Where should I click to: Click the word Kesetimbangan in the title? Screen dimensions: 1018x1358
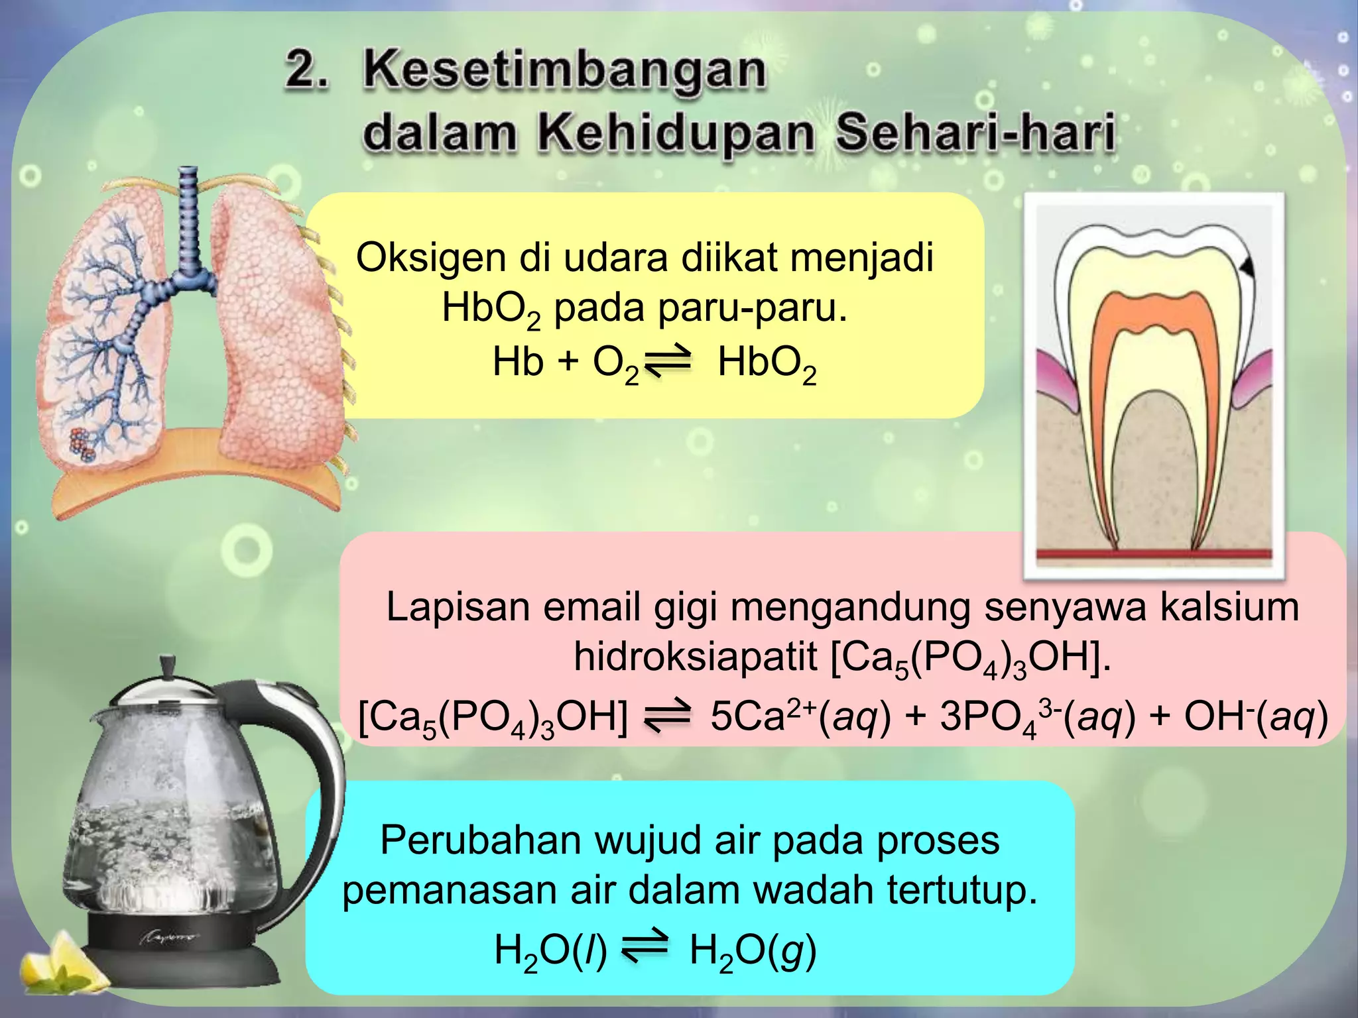pos(564,72)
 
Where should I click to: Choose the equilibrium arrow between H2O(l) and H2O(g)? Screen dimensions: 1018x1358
pos(645,949)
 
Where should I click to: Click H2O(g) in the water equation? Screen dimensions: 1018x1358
pos(752,950)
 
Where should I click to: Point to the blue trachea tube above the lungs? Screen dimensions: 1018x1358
pos(190,219)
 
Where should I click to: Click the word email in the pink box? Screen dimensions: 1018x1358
pos(591,607)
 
